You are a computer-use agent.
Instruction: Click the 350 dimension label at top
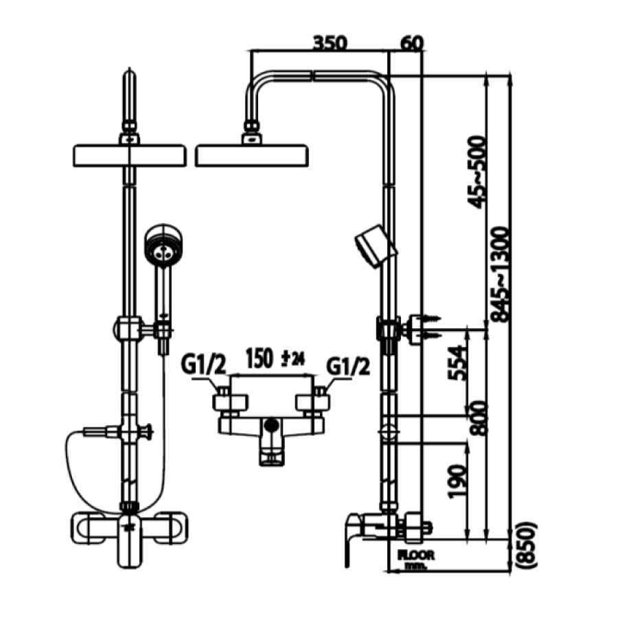tap(330, 43)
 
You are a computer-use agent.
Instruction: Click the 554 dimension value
tap(457, 363)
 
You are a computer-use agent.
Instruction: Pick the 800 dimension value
tap(479, 417)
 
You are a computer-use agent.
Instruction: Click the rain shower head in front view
tap(128, 155)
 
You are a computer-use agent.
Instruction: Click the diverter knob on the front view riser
tap(146, 433)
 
